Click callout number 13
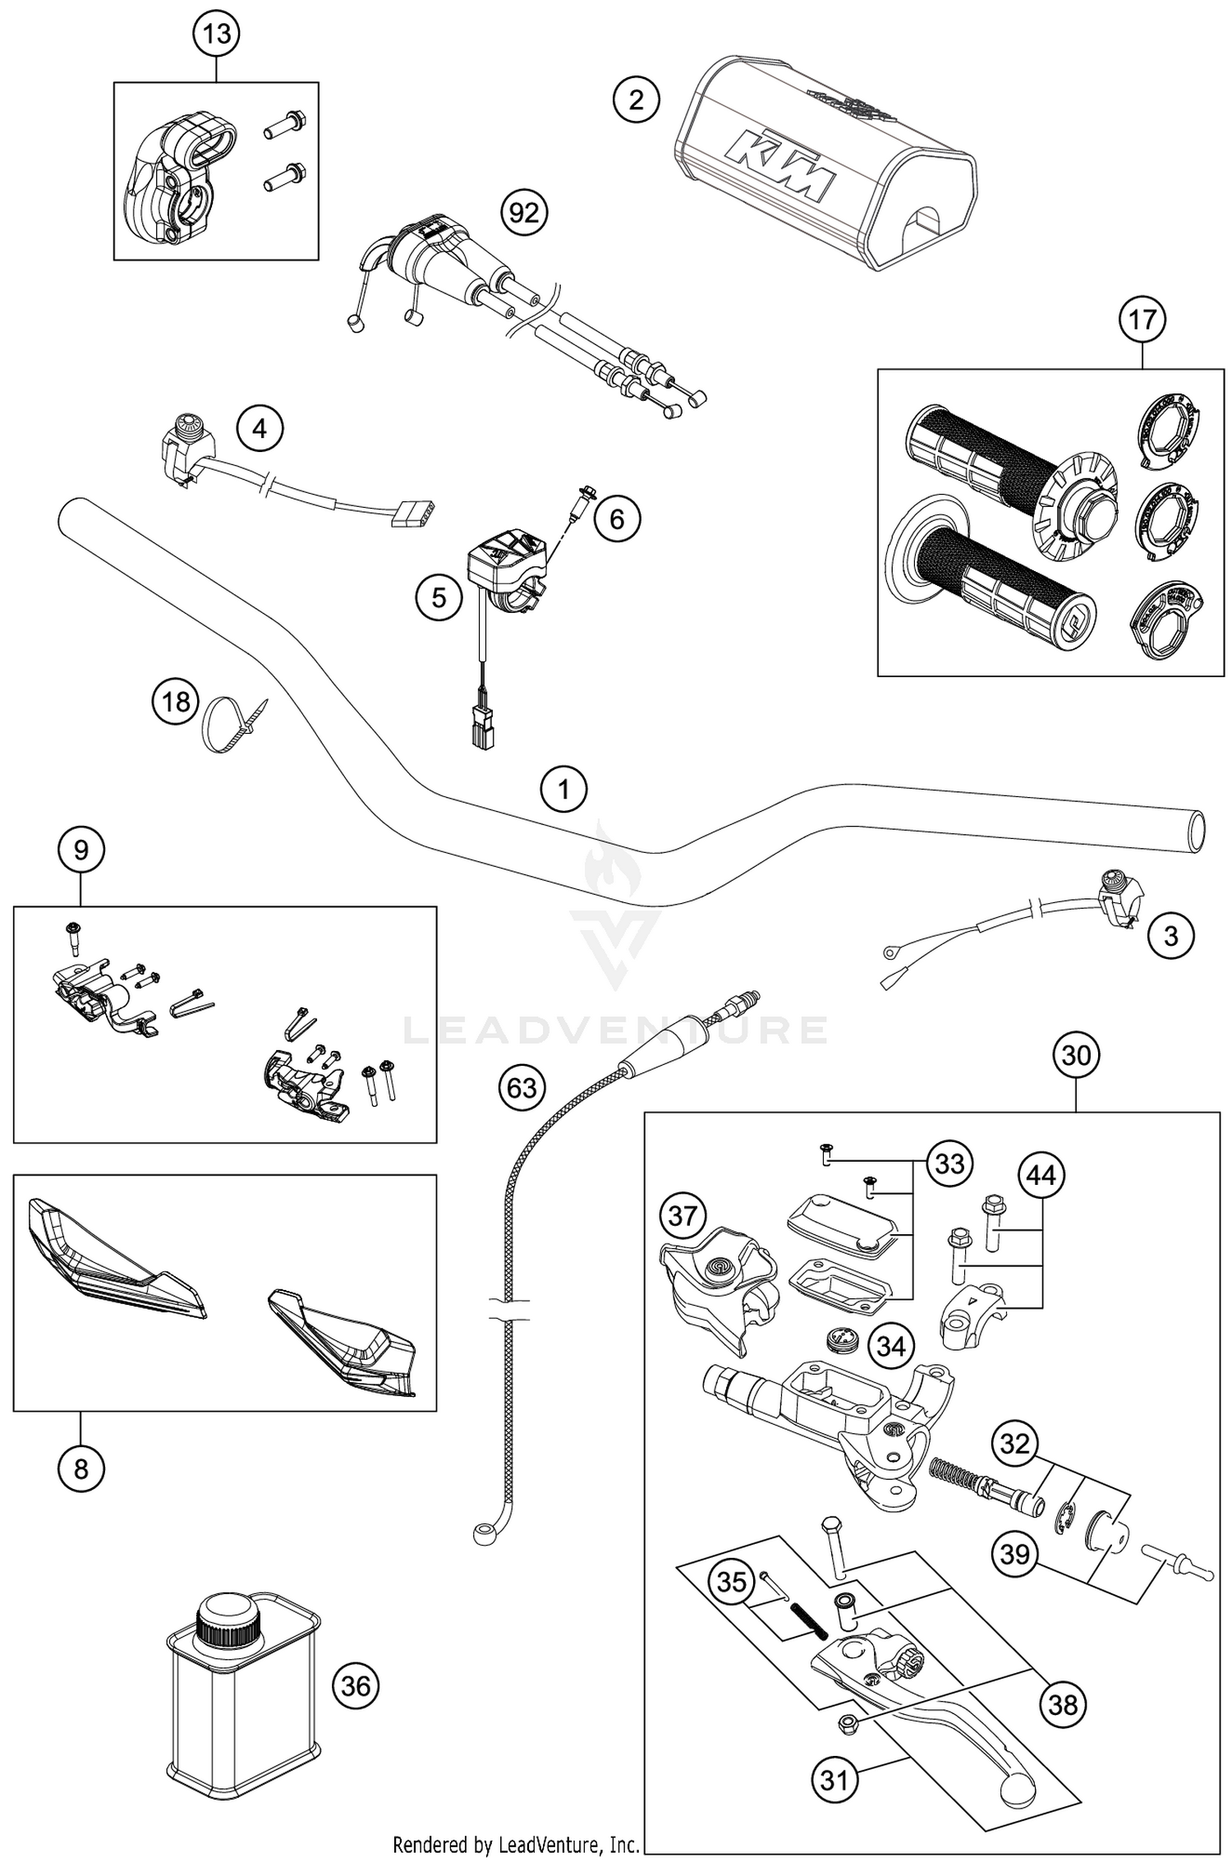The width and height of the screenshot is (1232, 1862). click(x=217, y=35)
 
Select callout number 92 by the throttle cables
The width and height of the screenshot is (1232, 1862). click(x=524, y=214)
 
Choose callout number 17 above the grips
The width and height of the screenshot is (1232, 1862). click(x=1142, y=320)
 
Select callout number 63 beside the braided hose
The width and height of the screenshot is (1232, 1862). click(x=522, y=1089)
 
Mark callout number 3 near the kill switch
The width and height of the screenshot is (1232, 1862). click(x=1170, y=936)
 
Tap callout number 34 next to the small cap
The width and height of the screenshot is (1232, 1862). click(x=891, y=1346)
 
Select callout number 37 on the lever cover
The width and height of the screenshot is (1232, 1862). click(x=683, y=1215)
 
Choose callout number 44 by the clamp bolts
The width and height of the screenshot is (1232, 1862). click(x=1041, y=1176)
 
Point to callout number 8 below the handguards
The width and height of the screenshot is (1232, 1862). click(x=80, y=1468)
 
